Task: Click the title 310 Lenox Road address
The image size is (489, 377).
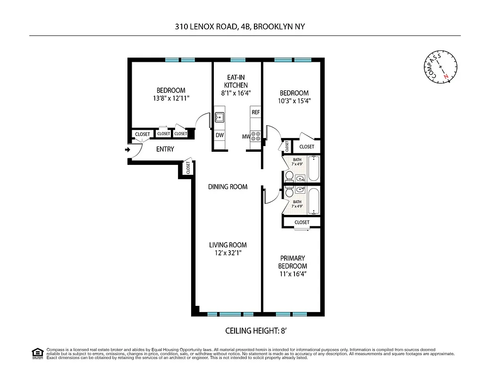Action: click(240, 27)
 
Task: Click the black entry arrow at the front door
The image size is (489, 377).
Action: click(127, 150)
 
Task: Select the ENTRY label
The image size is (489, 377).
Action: click(165, 149)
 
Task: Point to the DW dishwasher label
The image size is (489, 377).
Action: click(219, 135)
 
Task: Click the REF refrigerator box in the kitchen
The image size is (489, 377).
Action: click(256, 113)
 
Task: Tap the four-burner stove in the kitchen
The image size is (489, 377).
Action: click(256, 137)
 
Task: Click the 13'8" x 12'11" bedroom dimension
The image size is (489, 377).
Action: click(171, 98)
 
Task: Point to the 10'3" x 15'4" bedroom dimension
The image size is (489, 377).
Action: click(294, 101)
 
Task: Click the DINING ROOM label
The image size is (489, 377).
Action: click(228, 187)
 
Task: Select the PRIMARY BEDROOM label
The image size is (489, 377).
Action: click(293, 262)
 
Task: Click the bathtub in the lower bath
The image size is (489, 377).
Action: click(314, 200)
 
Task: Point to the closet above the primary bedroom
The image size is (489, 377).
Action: click(302, 222)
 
